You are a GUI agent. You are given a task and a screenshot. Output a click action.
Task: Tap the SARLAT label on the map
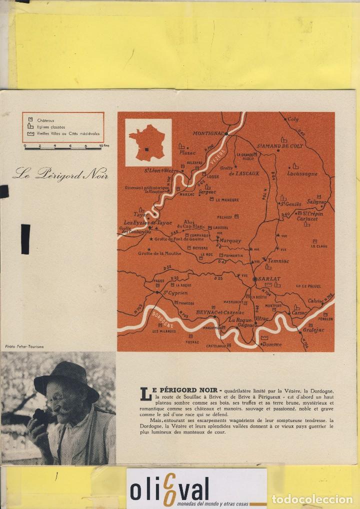pyautogui.click(x=268, y=279)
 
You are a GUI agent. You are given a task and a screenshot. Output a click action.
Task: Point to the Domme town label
pyautogui.click(x=272, y=344)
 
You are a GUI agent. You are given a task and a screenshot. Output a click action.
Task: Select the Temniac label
pyautogui.click(x=276, y=261)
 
